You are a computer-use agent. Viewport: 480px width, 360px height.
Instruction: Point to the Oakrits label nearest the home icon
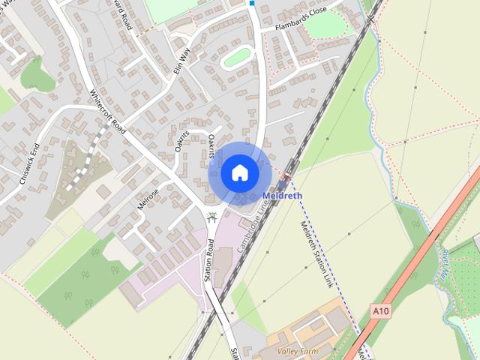(x=214, y=146)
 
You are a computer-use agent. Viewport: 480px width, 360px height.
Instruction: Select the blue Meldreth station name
(x=283, y=196)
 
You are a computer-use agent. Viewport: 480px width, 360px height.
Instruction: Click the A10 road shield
(x=381, y=310)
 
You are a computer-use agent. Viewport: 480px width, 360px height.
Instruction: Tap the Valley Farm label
(x=297, y=351)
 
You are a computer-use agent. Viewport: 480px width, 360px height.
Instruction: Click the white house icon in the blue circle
(x=239, y=172)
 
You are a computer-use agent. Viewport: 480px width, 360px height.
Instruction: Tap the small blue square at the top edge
(x=252, y=3)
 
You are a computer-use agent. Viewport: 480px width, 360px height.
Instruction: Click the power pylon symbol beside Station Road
(x=214, y=218)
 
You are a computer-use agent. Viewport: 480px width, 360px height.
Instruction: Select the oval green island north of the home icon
(x=237, y=57)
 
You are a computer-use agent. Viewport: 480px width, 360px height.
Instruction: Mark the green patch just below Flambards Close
(x=325, y=24)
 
